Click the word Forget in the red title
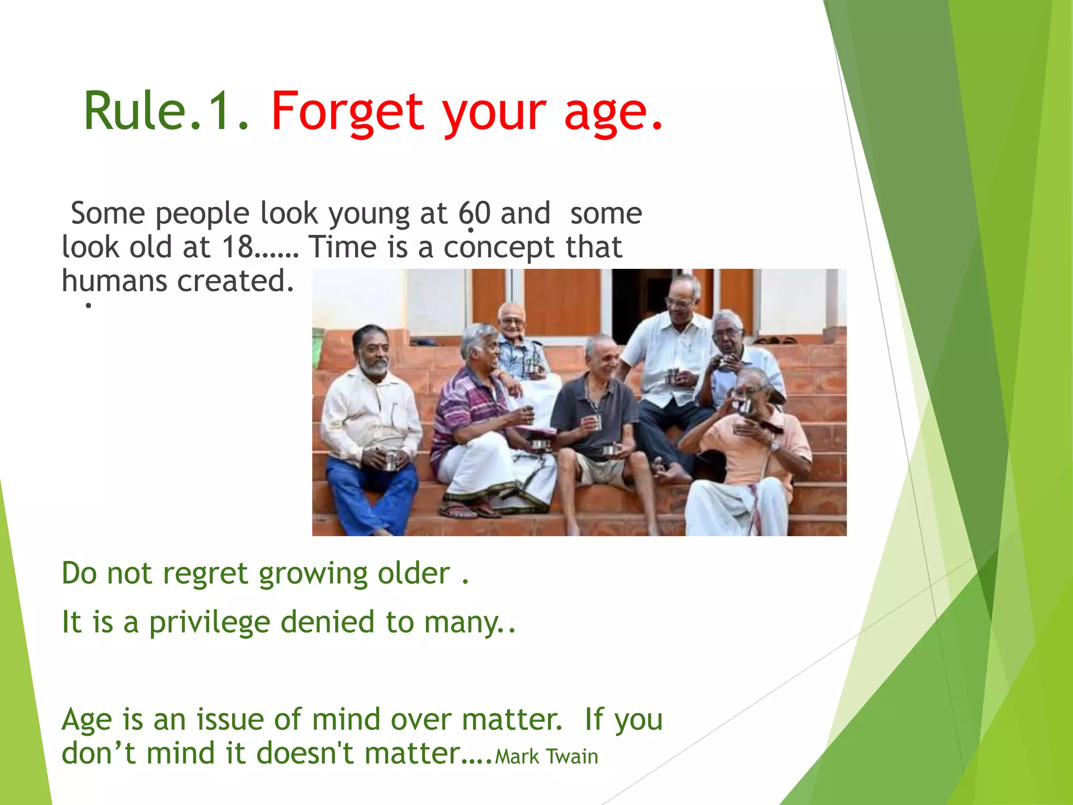(347, 111)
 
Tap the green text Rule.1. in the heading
(166, 111)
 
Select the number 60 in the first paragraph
(475, 213)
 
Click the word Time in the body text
(342, 247)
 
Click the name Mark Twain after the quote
(546, 757)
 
